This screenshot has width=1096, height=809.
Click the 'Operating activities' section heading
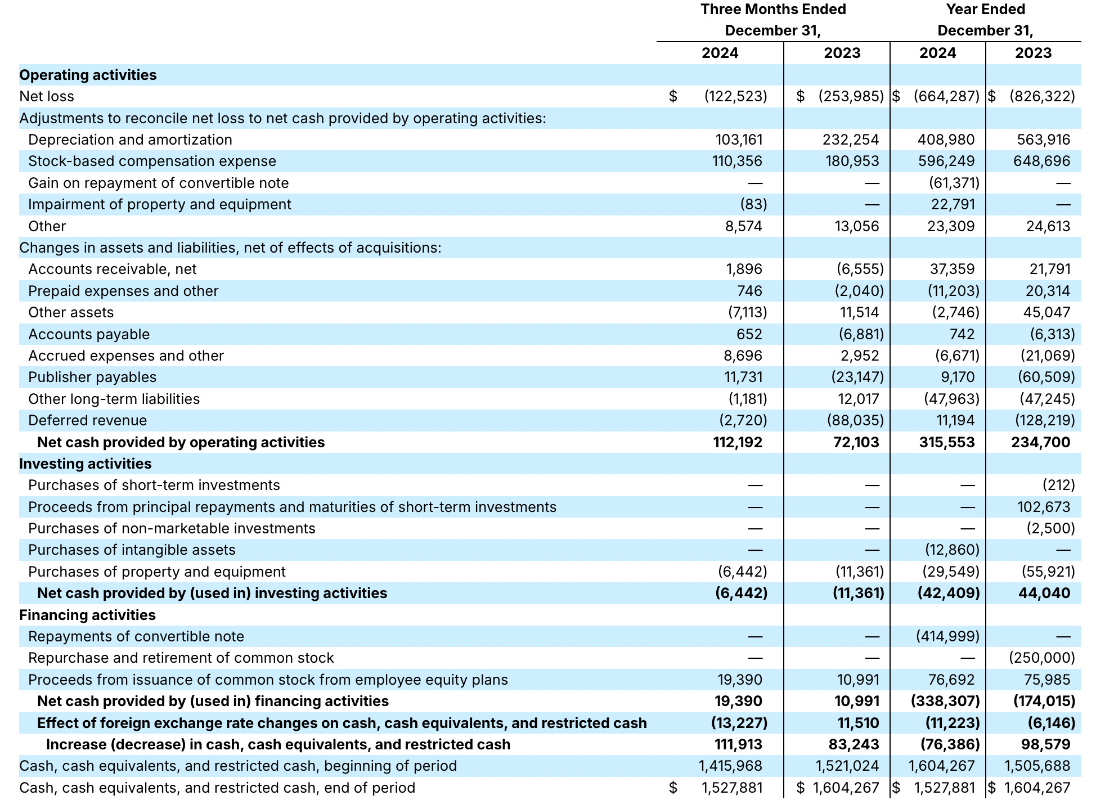88,75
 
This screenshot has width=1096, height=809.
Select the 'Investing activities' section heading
86,464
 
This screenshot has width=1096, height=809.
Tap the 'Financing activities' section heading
87,615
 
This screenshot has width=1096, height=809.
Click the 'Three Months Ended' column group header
773,10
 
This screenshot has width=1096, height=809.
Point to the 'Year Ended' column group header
985,10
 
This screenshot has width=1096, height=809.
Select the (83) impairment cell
753,204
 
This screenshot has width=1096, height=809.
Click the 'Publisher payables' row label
92,377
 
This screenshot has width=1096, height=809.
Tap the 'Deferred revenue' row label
87,420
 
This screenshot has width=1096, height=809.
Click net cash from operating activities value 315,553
946,442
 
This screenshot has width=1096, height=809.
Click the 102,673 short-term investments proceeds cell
1043,507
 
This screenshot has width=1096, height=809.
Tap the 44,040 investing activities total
1044,593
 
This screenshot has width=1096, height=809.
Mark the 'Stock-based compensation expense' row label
152,161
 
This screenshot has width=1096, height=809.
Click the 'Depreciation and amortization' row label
130,140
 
